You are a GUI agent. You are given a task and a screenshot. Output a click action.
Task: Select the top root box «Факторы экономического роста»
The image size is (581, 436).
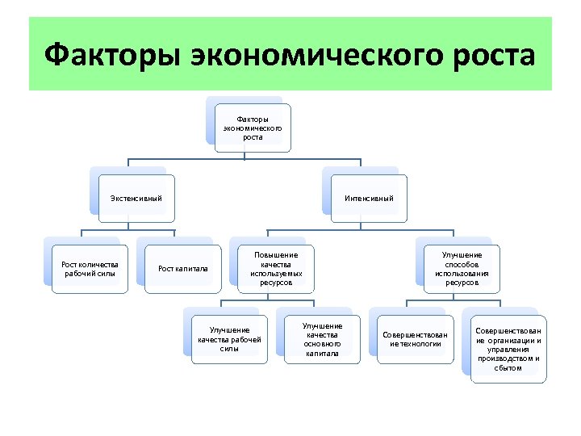click(x=253, y=128)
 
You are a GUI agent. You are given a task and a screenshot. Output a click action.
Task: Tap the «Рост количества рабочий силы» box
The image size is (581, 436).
click(x=90, y=269)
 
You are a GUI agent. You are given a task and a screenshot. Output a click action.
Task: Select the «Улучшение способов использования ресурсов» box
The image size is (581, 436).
click(x=462, y=269)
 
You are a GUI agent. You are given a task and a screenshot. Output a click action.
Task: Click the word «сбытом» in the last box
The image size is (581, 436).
click(x=508, y=368)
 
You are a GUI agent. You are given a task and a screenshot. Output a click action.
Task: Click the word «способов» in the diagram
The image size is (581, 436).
click(x=462, y=264)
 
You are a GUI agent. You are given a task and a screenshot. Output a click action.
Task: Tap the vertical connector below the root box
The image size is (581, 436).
click(x=253, y=157)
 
